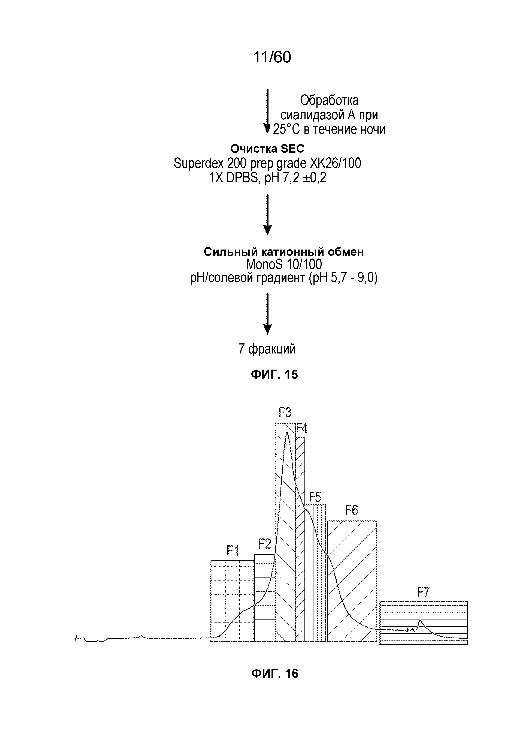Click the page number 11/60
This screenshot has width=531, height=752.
pyautogui.click(x=272, y=57)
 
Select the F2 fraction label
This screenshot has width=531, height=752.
pyautogui.click(x=264, y=544)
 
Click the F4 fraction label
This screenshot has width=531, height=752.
pyautogui.click(x=302, y=428)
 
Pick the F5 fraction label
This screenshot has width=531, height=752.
pyautogui.click(x=315, y=498)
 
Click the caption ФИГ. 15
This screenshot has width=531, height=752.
pyautogui.click(x=274, y=374)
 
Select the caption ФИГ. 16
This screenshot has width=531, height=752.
pyautogui.click(x=274, y=674)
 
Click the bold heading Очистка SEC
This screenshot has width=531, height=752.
pyautogui.click(x=267, y=149)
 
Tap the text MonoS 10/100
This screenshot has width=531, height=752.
pyautogui.click(x=284, y=264)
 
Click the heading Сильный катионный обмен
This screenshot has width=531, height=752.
pyautogui.click(x=284, y=251)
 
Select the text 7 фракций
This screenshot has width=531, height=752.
pyautogui.click(x=267, y=349)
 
